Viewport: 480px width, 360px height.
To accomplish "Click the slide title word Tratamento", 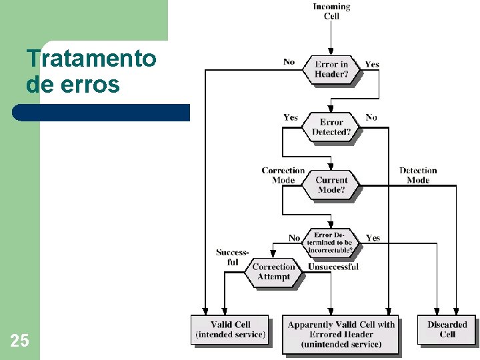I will [x=91, y=59].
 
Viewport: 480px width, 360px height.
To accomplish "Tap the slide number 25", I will [x=19, y=341].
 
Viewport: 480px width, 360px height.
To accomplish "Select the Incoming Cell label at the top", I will [x=331, y=11].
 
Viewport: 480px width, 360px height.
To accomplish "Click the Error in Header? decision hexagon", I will [x=331, y=69].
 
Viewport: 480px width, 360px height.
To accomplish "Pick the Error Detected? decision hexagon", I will [x=331, y=127].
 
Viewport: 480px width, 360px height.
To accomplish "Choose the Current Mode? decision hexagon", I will [x=331, y=185].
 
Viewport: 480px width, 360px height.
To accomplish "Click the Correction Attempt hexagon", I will [x=273, y=272].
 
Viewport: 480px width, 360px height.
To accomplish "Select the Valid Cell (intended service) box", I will [x=230, y=329].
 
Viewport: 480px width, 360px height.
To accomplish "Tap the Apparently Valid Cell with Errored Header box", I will [x=341, y=334].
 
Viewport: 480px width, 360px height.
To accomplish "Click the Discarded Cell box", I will [x=447, y=329].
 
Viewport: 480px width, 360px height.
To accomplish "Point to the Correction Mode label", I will [x=283, y=175].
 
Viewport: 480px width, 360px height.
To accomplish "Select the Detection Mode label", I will [x=418, y=175].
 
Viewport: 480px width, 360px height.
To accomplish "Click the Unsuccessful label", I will [x=333, y=267].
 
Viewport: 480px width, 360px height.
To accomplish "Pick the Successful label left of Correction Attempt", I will [x=232, y=257].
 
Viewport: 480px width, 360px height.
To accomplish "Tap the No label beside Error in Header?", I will [x=289, y=62].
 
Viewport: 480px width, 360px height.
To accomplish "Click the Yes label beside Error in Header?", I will [x=372, y=65].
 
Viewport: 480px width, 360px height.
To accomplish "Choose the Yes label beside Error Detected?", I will [x=291, y=117].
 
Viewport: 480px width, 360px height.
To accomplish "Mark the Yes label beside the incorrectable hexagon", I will [x=373, y=238].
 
